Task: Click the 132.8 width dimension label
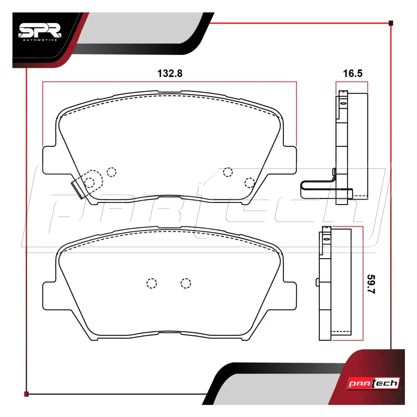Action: (x=170, y=74)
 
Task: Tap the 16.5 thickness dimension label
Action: (x=352, y=74)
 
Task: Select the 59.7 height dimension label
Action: (x=371, y=284)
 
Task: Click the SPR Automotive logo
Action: (x=40, y=32)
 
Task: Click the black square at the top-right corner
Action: (x=391, y=23)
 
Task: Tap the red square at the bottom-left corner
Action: (x=26, y=394)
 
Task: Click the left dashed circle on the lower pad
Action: (x=152, y=283)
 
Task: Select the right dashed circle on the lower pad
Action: (x=186, y=283)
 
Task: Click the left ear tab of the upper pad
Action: (x=49, y=160)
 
